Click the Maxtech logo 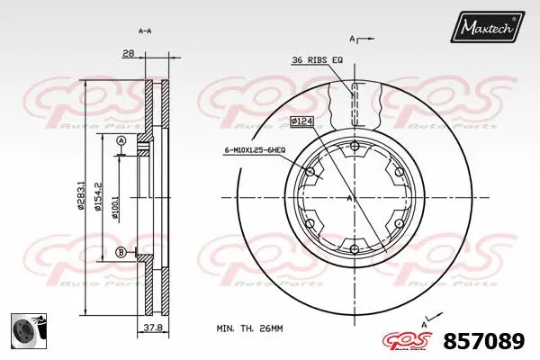489,29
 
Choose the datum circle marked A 121,139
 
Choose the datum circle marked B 121,253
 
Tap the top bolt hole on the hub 353,146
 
